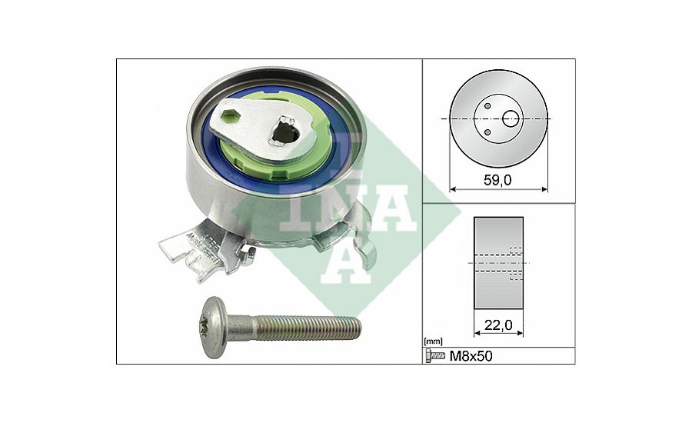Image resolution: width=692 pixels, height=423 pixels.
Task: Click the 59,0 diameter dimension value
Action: [497, 180]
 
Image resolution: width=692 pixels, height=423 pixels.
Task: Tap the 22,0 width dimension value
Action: [498, 325]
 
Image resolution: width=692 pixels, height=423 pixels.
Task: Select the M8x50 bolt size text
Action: [471, 356]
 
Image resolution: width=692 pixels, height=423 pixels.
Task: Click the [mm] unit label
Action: [432, 341]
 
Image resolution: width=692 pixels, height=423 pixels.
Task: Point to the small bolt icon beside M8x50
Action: [436, 356]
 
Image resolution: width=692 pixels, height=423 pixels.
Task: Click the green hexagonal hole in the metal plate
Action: [229, 117]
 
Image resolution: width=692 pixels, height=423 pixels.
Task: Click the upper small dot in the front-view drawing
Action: [487, 106]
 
